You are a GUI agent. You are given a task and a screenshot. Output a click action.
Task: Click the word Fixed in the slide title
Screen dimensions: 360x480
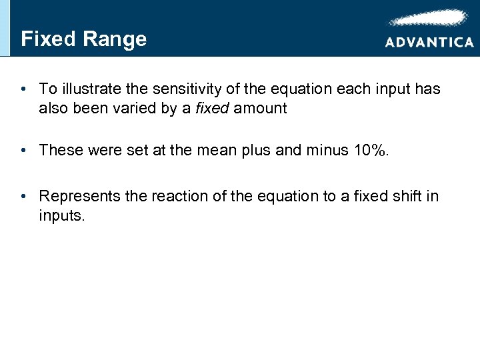(48, 39)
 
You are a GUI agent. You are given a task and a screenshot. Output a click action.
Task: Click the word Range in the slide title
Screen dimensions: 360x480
(115, 39)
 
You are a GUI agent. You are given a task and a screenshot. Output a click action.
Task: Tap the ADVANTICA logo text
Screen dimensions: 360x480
(429, 42)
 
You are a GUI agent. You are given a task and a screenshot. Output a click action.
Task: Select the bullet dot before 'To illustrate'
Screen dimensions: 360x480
(23, 89)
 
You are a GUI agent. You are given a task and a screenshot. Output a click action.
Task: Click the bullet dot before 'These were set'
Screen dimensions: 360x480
(23, 150)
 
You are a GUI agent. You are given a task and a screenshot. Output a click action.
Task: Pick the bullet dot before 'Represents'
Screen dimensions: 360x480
(23, 196)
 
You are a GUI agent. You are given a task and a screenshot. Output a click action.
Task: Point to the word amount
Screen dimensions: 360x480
(261, 108)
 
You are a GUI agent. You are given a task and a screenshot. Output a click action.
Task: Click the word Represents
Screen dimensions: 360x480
(79, 196)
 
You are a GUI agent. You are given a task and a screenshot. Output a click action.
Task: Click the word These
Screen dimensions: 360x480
(59, 150)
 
